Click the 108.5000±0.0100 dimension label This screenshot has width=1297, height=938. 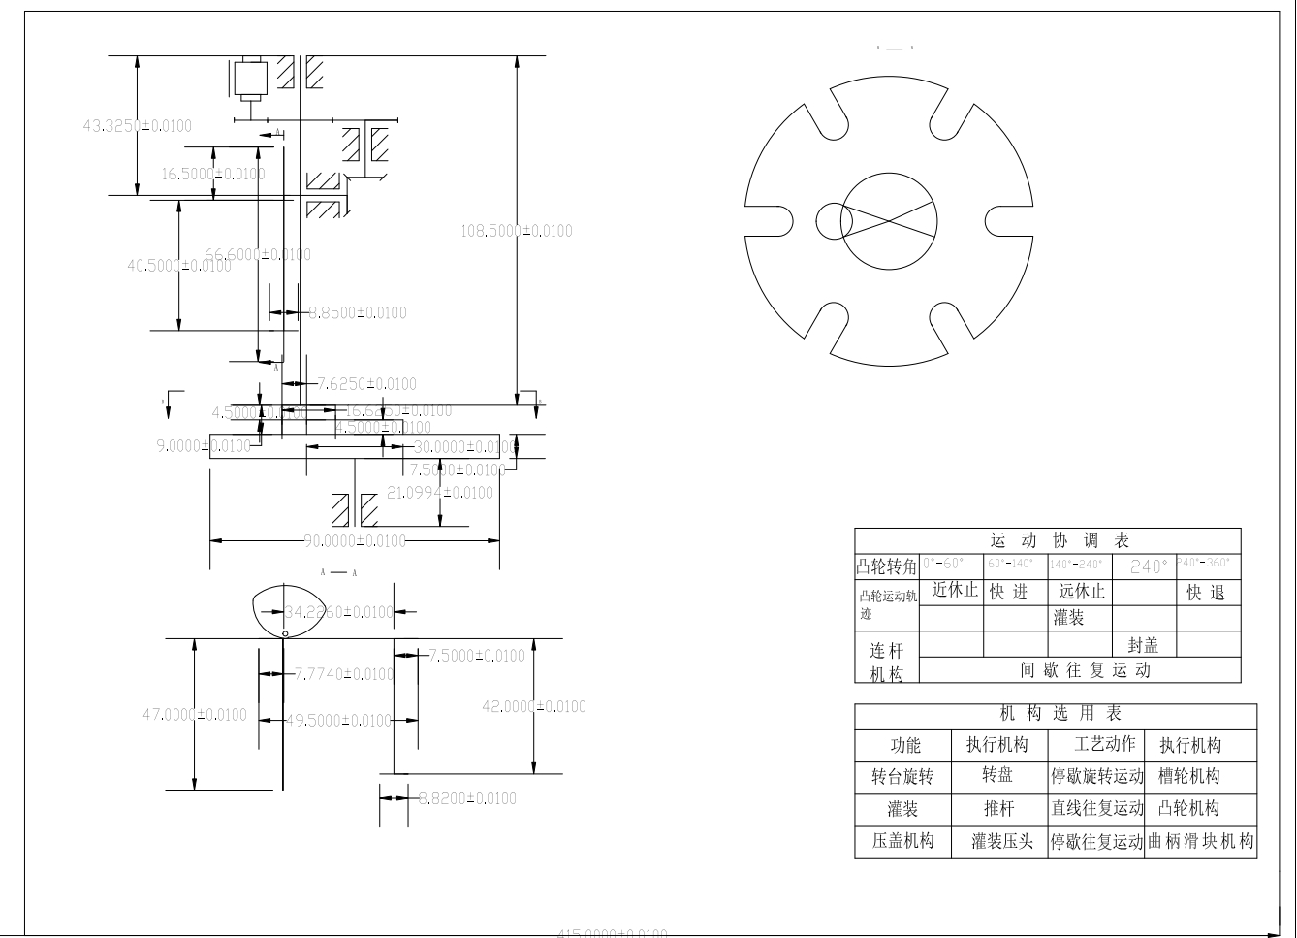[x=516, y=231]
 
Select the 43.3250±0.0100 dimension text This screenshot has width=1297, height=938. [x=138, y=125]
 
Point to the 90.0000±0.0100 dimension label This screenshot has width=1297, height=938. [x=355, y=540]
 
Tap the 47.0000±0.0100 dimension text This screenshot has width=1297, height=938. [x=195, y=715]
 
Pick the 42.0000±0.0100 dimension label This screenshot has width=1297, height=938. [x=534, y=706]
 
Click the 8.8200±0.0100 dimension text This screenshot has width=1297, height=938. [x=467, y=798]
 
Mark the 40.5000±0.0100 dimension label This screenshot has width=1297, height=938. [x=179, y=265]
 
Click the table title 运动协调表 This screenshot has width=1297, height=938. [x=1060, y=540]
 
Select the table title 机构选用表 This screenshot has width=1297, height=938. [x=1060, y=714]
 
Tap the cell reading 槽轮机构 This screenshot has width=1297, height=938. [x=1189, y=777]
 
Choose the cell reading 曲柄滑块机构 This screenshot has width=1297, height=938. [x=1200, y=841]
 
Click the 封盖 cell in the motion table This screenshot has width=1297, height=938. [x=1143, y=645]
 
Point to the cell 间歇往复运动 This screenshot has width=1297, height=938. [x=1085, y=670]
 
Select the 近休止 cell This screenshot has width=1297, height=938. [x=955, y=590]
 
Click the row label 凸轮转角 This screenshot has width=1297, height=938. [x=886, y=566]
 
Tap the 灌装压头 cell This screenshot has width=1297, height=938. [x=1002, y=841]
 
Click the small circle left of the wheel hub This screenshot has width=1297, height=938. [x=833, y=220]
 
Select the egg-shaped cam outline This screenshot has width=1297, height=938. [x=285, y=611]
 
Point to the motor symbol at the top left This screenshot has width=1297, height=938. [x=250, y=80]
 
